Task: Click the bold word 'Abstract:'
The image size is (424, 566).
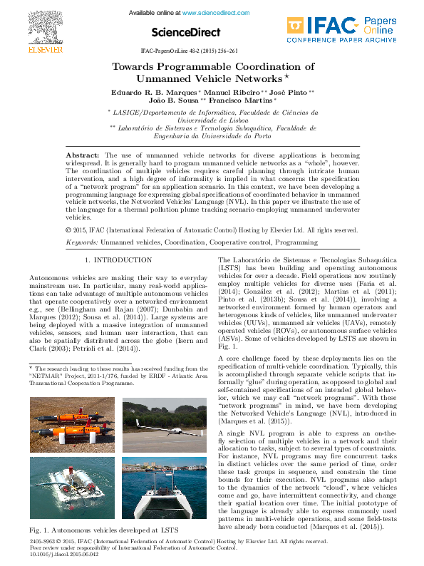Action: pyautogui.click(x=83, y=155)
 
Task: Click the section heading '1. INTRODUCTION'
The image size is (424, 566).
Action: pyautogui.click(x=113, y=261)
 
